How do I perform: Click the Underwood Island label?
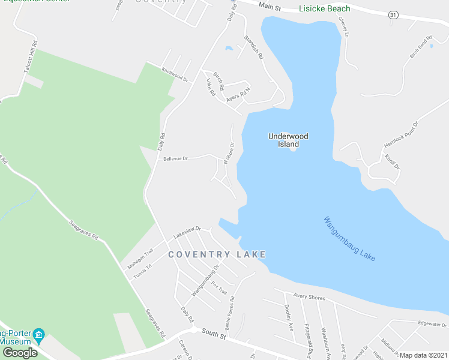click(x=288, y=140)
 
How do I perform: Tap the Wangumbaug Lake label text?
click(x=349, y=238)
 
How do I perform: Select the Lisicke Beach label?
click(x=324, y=9)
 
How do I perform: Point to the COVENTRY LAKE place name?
click(x=217, y=254)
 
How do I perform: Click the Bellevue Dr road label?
click(x=176, y=158)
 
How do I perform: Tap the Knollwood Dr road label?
click(x=175, y=74)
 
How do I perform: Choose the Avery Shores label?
click(x=309, y=296)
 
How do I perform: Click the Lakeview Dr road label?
click(x=186, y=232)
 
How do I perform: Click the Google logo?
click(x=20, y=352)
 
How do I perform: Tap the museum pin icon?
click(x=39, y=334)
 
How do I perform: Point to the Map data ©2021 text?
click(x=423, y=355)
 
